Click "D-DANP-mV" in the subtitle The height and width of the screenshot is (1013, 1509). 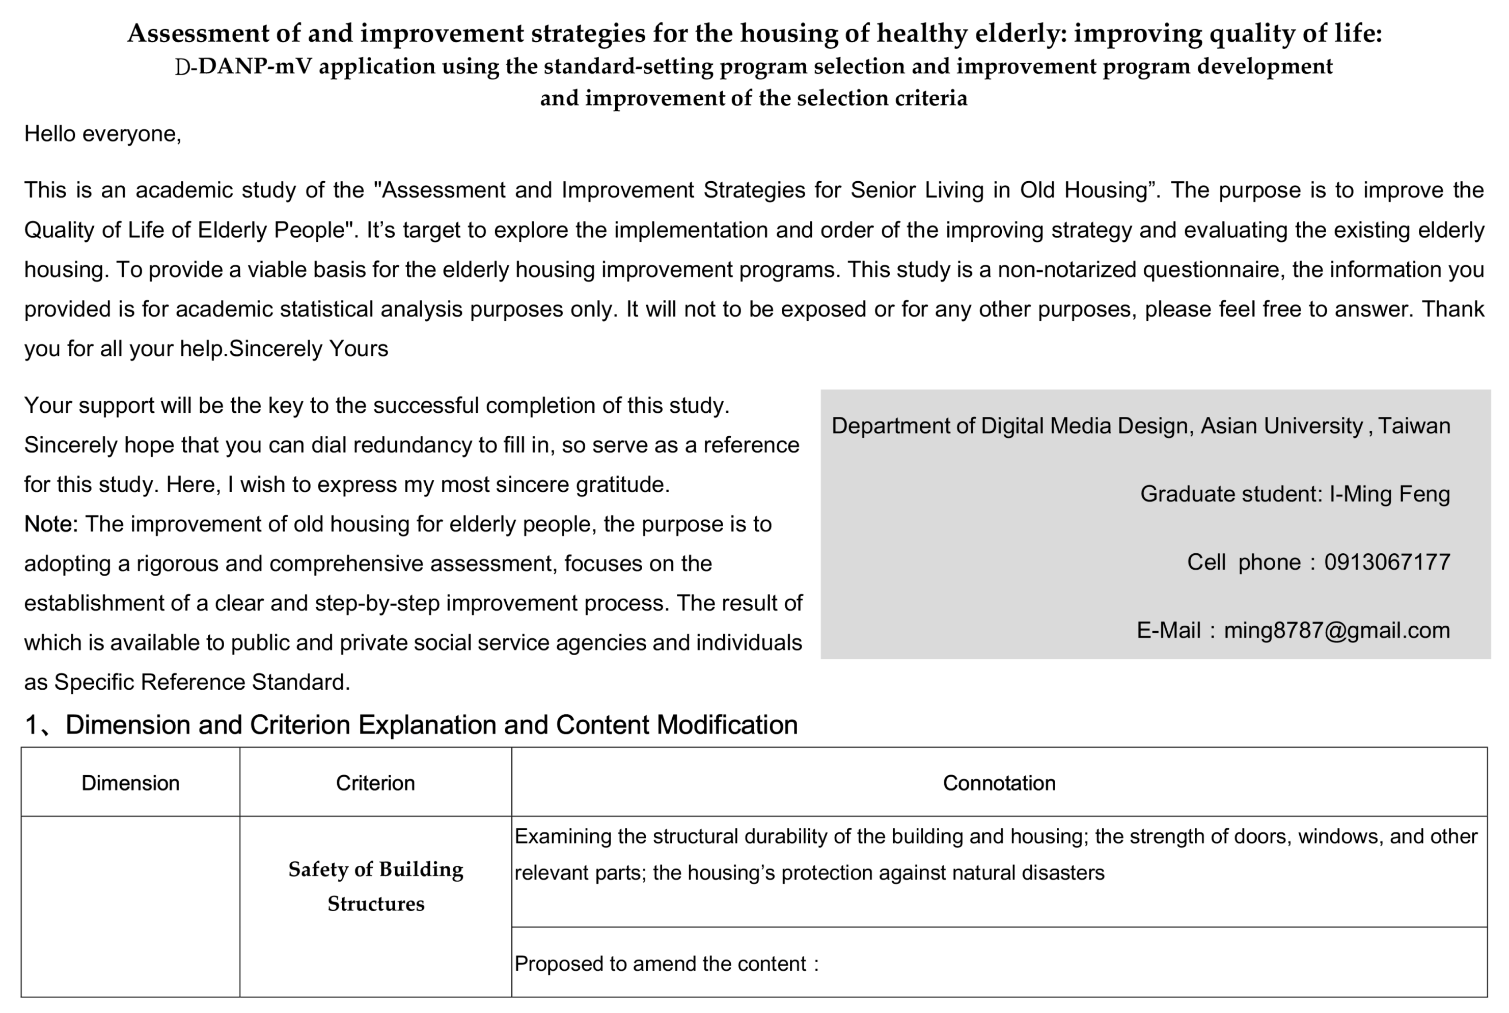tap(243, 67)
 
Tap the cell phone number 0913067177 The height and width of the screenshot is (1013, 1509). tap(1387, 562)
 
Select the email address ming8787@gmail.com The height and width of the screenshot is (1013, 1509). tap(1336, 630)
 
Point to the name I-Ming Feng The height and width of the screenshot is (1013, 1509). tap(1389, 494)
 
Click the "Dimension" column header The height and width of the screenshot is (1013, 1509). tap(130, 783)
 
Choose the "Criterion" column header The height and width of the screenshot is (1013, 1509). tap(375, 783)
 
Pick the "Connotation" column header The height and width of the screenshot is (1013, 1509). tap(999, 783)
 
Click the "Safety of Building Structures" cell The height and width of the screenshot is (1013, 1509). tap(375, 886)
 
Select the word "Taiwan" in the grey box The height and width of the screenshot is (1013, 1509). tap(1414, 426)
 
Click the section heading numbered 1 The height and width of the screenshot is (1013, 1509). tap(411, 725)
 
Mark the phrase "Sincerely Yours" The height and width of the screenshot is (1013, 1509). tap(309, 349)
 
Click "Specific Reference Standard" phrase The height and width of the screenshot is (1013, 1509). tap(202, 682)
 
